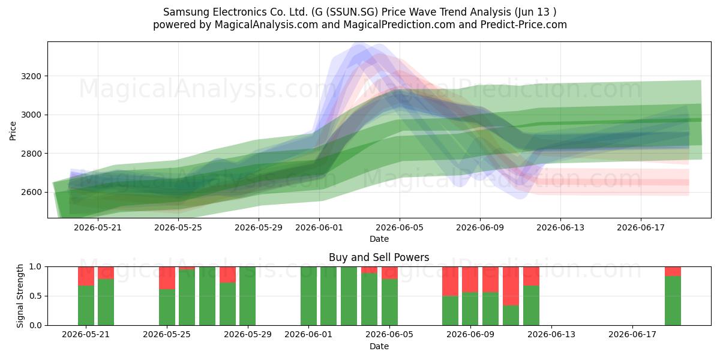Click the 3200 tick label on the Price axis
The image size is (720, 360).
(31, 77)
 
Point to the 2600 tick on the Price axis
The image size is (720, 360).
(31, 192)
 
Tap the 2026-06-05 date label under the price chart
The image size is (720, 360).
(400, 227)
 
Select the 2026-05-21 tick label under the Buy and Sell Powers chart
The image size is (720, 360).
(86, 335)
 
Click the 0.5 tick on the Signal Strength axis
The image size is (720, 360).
(35, 296)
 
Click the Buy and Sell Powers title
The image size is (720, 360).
(379, 257)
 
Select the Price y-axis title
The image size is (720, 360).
(13, 131)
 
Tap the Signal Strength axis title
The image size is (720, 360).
(20, 296)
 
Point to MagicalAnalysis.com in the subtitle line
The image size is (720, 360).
(266, 25)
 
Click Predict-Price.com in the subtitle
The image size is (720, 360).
(524, 25)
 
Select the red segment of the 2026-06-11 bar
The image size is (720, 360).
(511, 286)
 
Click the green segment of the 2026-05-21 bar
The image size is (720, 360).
(86, 305)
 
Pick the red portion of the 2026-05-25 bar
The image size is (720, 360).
(167, 278)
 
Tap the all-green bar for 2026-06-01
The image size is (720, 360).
(308, 296)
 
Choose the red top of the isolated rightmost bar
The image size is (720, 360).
(673, 271)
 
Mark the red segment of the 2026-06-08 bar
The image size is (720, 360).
(450, 281)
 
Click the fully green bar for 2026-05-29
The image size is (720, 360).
(247, 296)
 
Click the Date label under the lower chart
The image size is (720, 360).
(379, 347)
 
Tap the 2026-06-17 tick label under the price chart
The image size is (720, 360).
(641, 227)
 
